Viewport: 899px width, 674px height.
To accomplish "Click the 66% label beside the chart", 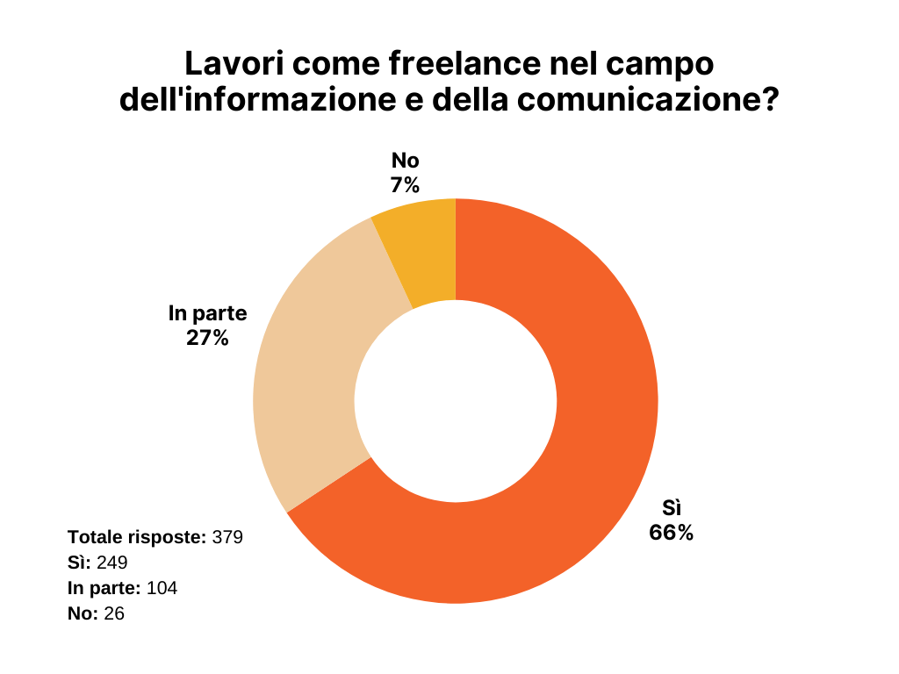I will coord(672,532).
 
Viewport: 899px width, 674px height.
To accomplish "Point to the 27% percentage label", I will coord(207,338).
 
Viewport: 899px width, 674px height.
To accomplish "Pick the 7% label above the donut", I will coord(406,184).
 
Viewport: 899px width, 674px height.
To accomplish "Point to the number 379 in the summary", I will coord(227,536).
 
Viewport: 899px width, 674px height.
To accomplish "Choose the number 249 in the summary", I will coord(113,562).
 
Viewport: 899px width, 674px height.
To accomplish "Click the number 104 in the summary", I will coord(162,588).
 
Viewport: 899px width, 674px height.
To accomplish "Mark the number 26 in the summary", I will coord(114,613).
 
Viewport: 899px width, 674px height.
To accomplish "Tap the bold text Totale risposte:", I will coord(137,536).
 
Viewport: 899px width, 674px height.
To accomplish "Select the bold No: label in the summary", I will coord(83,613).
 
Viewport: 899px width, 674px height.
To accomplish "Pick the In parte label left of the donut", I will coord(207,313).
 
